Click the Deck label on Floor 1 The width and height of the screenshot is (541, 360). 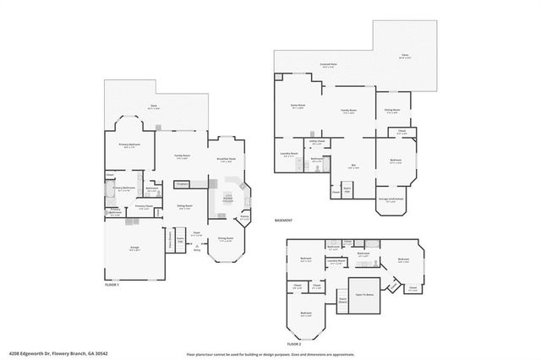155,106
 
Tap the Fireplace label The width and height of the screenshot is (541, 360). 181,183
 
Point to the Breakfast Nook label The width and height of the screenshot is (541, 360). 226,160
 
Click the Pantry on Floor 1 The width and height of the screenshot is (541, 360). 244,218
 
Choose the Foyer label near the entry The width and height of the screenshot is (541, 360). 196,232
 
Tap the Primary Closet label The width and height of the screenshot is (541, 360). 144,205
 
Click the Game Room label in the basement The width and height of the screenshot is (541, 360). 298,106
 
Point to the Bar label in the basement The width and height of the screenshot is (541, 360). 353,166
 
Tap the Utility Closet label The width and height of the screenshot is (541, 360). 319,142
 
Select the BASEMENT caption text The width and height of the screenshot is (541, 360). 284,221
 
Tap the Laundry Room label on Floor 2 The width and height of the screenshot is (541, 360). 336,262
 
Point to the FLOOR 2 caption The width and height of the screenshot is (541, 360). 294,344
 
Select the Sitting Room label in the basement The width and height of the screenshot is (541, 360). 393,109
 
